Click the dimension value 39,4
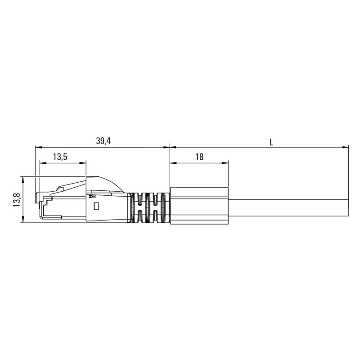[103, 141]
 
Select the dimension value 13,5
[60, 157]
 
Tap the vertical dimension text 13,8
[16, 199]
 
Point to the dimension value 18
[199, 157]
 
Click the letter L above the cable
[271, 142]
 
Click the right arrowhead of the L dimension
[346, 147]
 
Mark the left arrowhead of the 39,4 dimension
[38, 147]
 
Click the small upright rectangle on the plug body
[95, 207]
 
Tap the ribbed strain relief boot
[149, 207]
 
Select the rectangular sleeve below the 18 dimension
[199, 205]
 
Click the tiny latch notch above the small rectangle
[92, 196]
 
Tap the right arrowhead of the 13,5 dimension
[83, 163]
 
